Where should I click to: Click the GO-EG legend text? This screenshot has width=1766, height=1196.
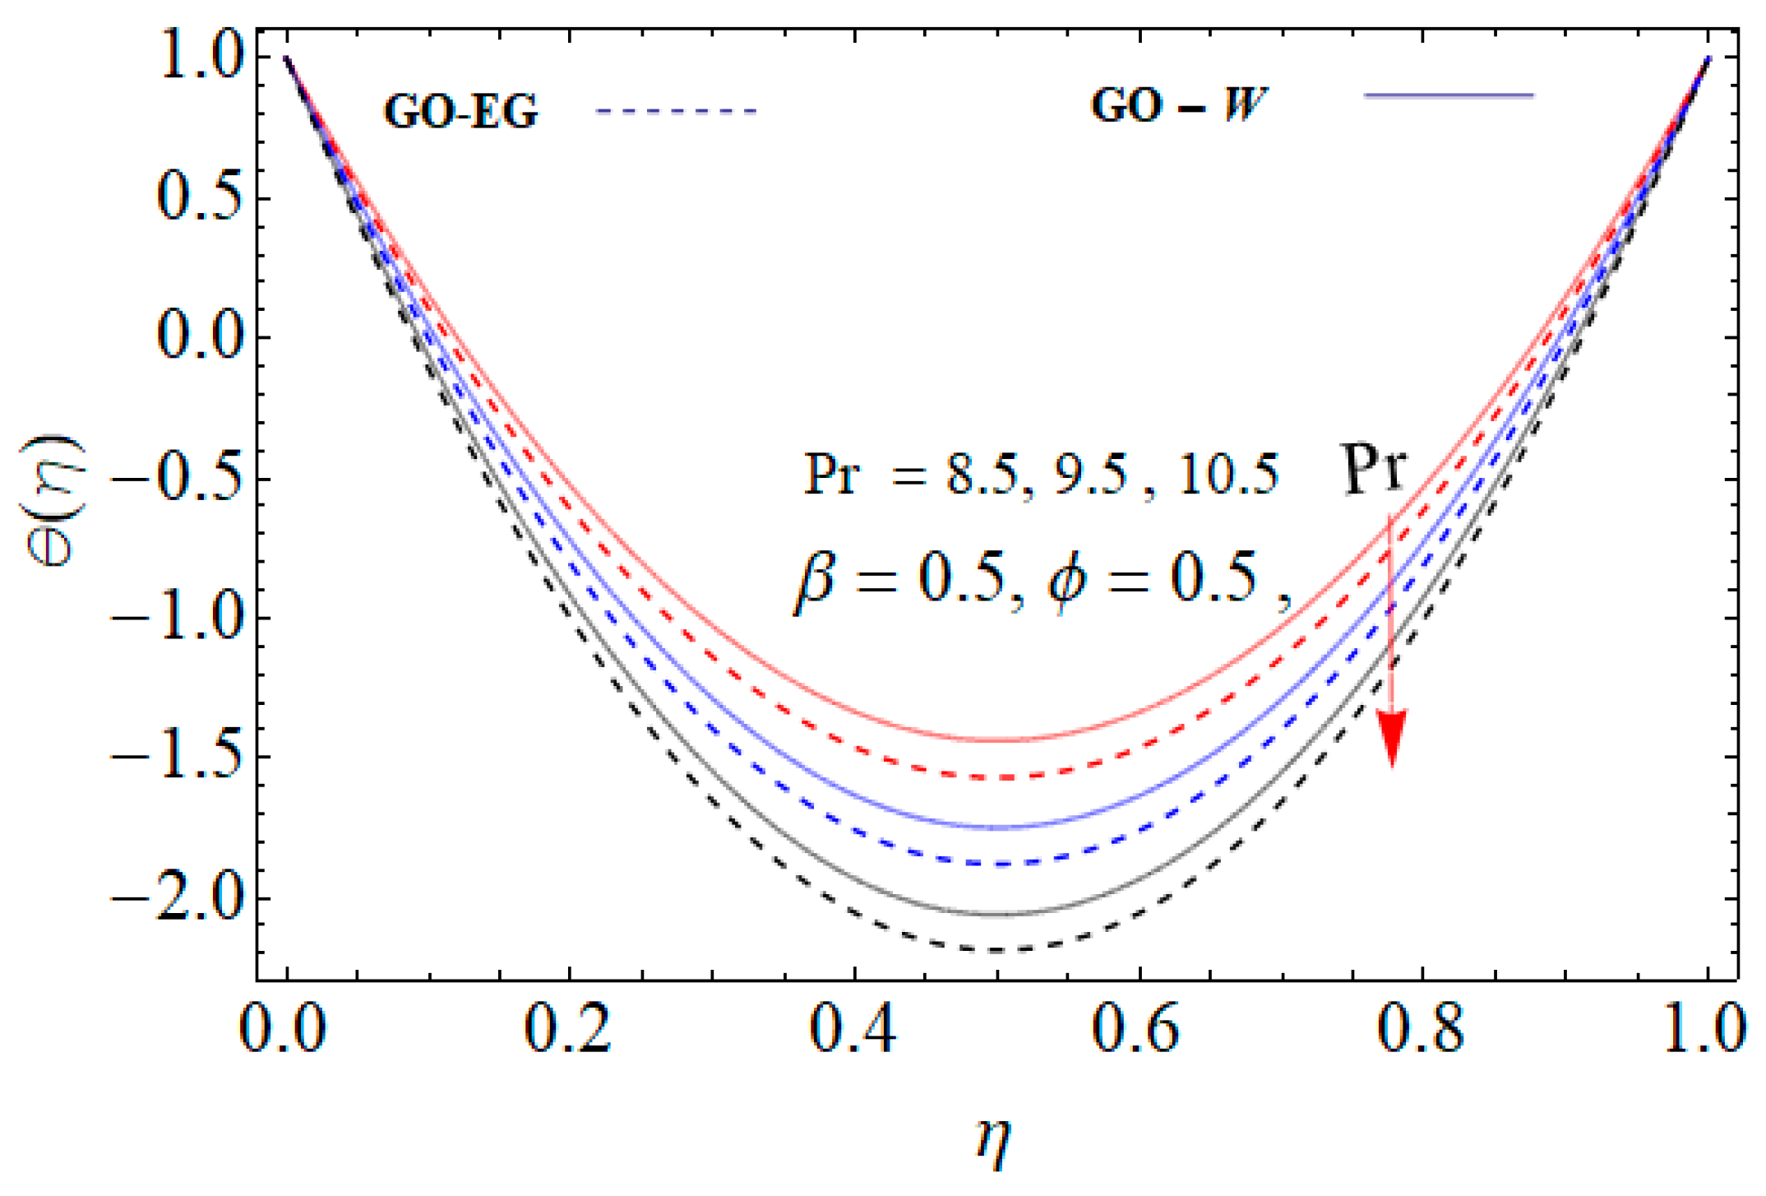tap(460, 111)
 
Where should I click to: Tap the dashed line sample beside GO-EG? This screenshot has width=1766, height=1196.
tap(676, 111)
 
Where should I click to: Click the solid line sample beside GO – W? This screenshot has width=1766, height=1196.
tap(1449, 96)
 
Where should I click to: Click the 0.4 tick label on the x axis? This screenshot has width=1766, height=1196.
tap(853, 1028)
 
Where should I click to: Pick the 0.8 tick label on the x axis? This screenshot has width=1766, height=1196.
tap(1420, 1028)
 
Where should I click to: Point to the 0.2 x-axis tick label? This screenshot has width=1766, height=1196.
tap(568, 1028)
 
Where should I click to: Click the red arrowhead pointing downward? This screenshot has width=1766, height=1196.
tap(1392, 736)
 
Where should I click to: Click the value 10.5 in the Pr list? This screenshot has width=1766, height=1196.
tap(1228, 475)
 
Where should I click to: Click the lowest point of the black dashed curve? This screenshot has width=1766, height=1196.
tap(997, 950)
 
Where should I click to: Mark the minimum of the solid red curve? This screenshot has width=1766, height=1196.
tap(997, 740)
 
